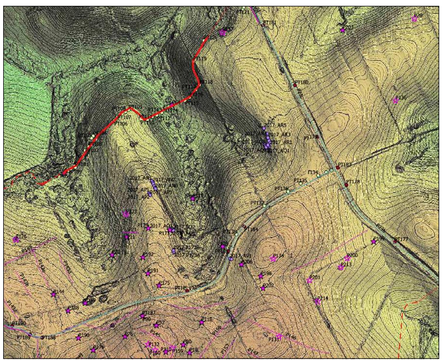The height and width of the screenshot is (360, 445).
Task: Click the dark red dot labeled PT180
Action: click(x=295, y=85)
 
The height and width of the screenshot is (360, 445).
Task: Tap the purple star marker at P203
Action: click(x=343, y=30)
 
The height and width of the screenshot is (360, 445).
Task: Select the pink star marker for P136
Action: click(x=396, y=101)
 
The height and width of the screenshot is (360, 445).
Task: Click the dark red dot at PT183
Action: click(x=338, y=167)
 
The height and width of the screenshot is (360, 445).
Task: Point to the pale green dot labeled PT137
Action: click(x=265, y=206)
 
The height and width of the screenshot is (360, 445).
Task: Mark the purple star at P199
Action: click(x=373, y=242)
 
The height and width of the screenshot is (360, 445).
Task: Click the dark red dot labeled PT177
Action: click(x=395, y=241)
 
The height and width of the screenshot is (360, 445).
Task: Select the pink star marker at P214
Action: click(x=317, y=301)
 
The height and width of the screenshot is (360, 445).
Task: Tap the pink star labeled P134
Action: click(x=273, y=259)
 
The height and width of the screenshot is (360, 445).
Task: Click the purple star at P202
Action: click(x=263, y=288)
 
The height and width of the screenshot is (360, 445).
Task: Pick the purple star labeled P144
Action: click(x=53, y=295)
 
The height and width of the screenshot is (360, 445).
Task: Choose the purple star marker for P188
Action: click(x=68, y=311)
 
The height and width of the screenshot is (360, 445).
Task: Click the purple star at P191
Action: click(x=148, y=273)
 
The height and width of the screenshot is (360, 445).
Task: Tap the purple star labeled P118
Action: click(x=201, y=323)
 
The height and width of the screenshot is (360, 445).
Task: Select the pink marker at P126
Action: click(x=16, y=240)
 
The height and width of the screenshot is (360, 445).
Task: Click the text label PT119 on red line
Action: click(x=200, y=59)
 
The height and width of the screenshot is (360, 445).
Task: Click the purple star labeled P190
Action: click(x=78, y=338)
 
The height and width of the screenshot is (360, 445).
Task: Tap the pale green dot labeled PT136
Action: click(x=288, y=191)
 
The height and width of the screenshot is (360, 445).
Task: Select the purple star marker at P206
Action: click(x=241, y=265)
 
